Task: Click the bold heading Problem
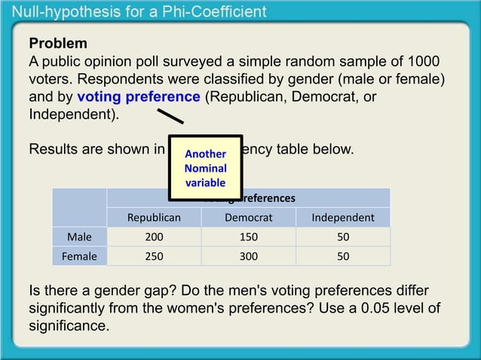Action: click(x=58, y=43)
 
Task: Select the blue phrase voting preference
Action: click(x=139, y=97)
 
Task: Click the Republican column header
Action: click(x=154, y=218)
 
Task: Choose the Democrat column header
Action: click(x=249, y=218)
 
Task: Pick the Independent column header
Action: click(x=343, y=218)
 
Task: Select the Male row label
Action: click(x=79, y=237)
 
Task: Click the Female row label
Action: click(x=79, y=256)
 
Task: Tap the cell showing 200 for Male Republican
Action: click(x=154, y=237)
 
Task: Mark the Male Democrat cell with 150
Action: click(x=249, y=237)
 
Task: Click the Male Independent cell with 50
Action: click(x=343, y=237)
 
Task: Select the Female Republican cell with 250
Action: click(x=154, y=256)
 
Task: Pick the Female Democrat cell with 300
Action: click(x=249, y=256)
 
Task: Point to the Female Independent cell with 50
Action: click(x=343, y=256)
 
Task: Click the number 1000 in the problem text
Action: click(x=424, y=61)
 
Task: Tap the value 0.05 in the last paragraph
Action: click(x=354, y=309)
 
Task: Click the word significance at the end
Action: click(x=69, y=327)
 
